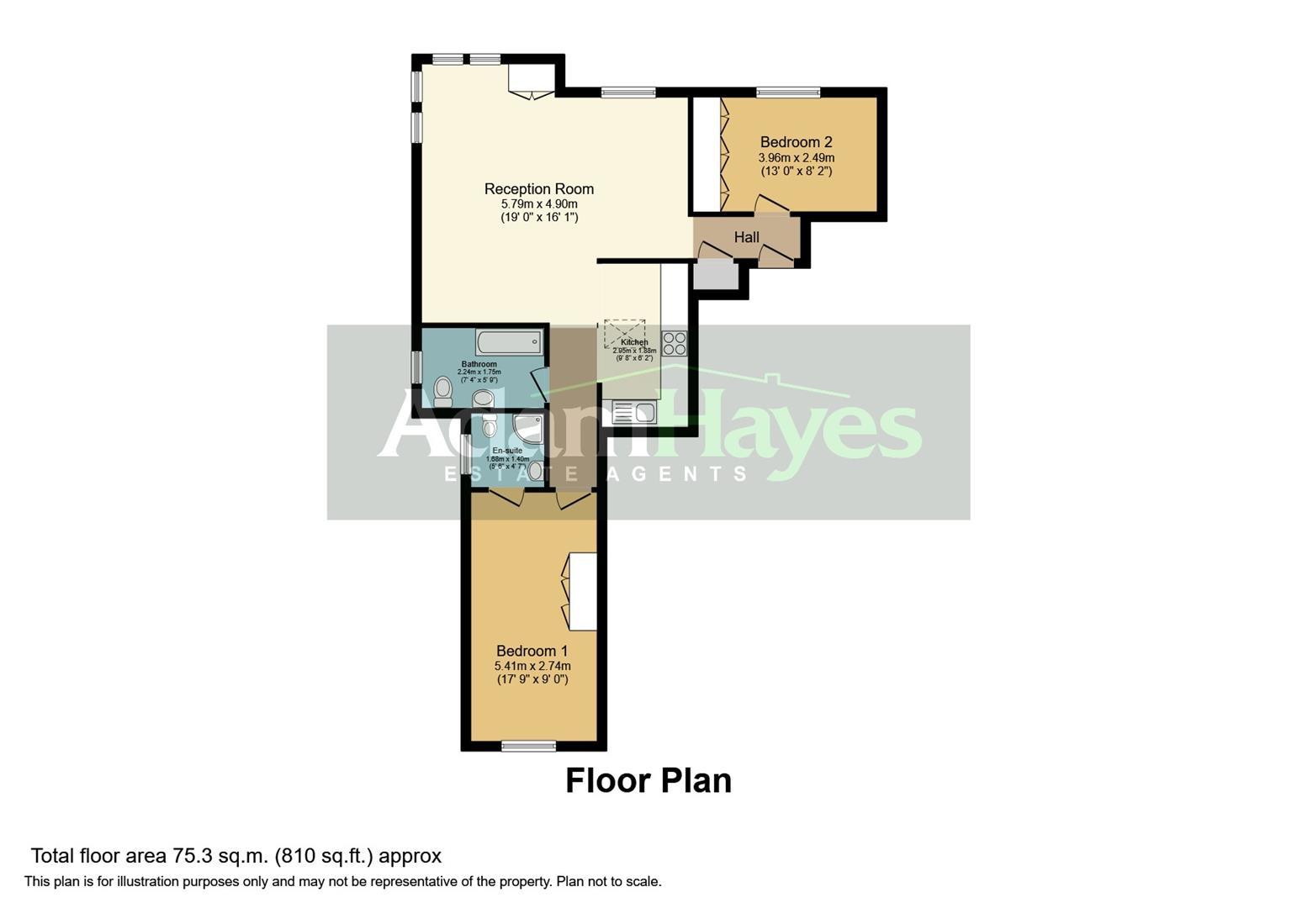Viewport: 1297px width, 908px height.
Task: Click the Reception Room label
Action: (538, 189)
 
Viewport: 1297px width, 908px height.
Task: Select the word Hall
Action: (746, 238)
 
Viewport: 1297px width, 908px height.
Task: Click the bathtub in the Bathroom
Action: (509, 342)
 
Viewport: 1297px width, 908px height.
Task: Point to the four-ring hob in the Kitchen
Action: (674, 343)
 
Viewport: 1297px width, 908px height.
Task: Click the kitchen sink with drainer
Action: (634, 412)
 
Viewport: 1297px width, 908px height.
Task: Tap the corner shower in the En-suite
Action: (528, 428)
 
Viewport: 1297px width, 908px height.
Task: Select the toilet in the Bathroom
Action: (442, 391)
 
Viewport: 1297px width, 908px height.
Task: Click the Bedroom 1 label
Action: (532, 651)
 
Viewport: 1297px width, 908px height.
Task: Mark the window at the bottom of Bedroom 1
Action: (528, 745)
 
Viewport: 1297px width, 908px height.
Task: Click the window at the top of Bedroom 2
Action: (787, 92)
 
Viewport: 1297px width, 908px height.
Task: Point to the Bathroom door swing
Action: (540, 383)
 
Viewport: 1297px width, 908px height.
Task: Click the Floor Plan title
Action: (648, 781)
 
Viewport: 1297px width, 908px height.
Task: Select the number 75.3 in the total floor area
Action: (189, 856)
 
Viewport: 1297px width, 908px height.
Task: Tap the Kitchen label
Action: (634, 342)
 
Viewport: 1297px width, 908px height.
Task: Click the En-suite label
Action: (507, 451)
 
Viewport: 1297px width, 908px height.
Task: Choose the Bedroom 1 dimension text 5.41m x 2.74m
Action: (532, 666)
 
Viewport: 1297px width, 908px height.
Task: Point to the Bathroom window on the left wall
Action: (416, 367)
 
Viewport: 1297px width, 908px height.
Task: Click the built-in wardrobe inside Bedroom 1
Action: (583, 591)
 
